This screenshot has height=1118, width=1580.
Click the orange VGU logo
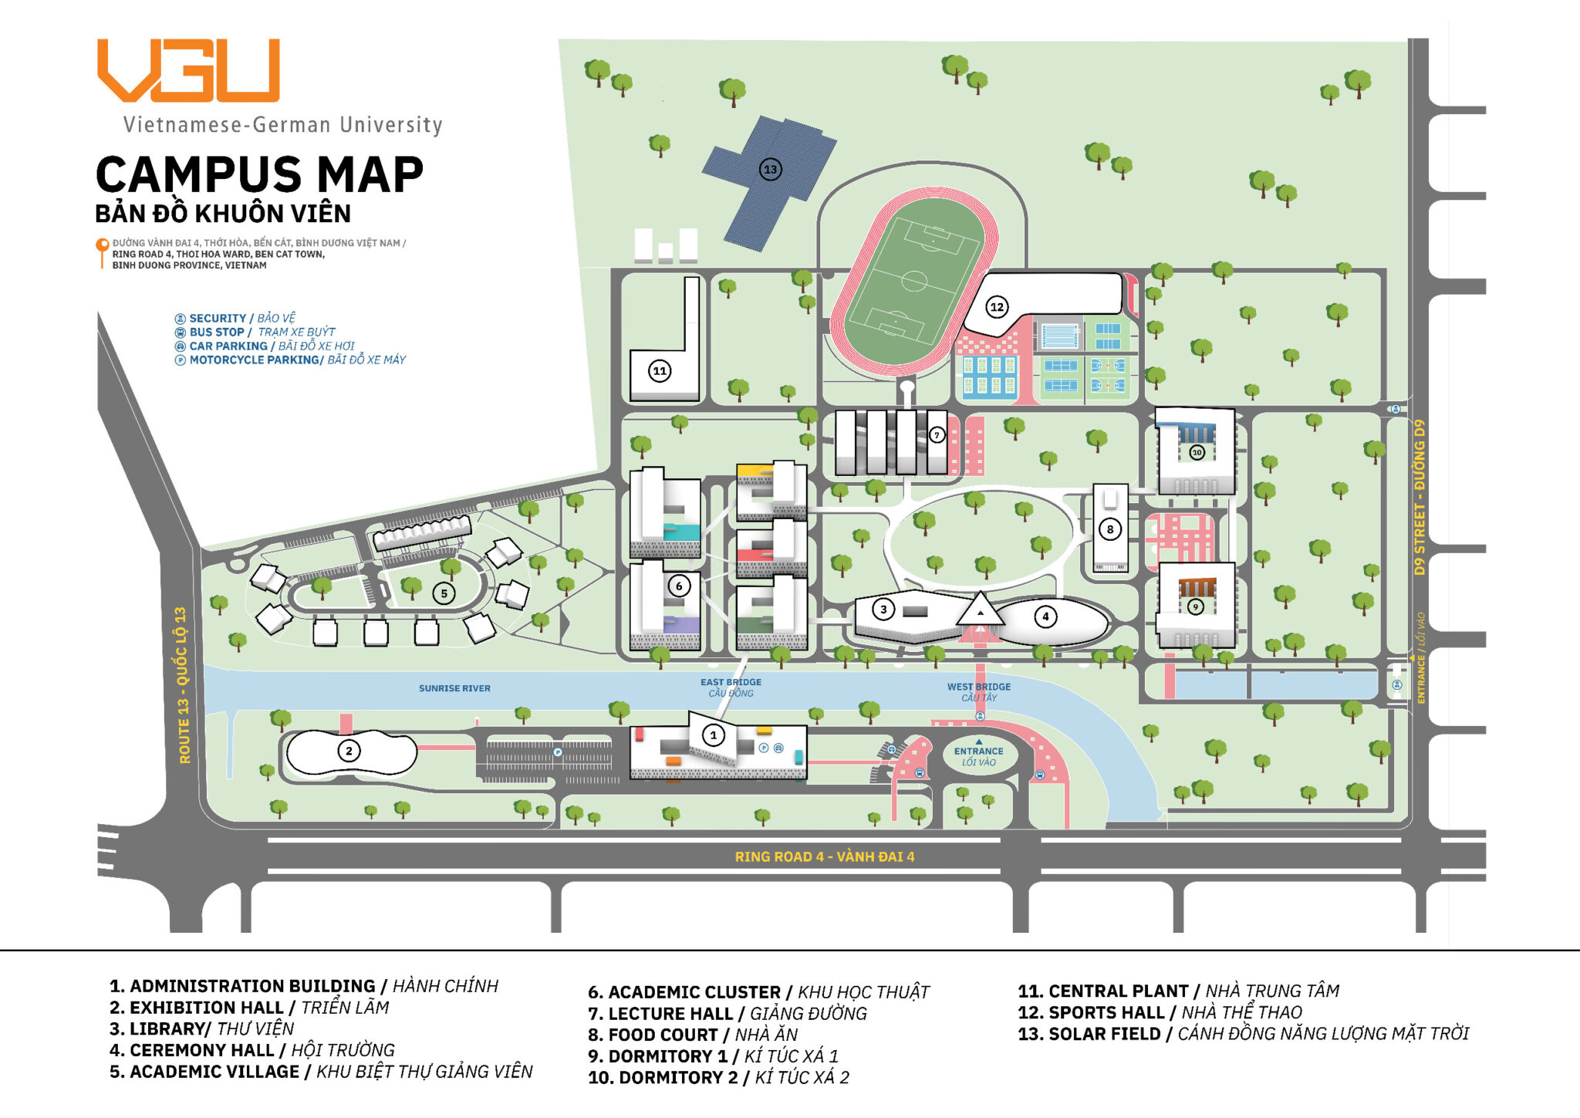click(187, 70)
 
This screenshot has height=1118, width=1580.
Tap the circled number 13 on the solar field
click(770, 170)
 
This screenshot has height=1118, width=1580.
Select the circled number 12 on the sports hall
click(997, 307)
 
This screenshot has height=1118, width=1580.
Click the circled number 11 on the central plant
click(660, 371)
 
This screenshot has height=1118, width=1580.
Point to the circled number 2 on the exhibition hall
click(349, 751)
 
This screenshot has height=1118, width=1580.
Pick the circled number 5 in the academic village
click(444, 593)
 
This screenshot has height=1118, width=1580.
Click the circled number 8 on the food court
click(1110, 529)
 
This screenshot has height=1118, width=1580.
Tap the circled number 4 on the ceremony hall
click(1045, 616)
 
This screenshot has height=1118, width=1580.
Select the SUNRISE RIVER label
click(454, 688)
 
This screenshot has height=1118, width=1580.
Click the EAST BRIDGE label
click(731, 682)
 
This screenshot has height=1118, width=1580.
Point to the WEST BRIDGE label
click(978, 687)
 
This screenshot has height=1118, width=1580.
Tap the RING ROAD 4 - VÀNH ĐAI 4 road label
click(824, 856)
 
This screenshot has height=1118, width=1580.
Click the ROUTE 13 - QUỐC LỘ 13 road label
click(183, 685)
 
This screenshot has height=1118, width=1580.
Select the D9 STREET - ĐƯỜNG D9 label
click(1420, 498)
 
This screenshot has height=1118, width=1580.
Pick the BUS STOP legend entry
click(217, 333)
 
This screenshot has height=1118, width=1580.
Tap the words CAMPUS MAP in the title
click(259, 174)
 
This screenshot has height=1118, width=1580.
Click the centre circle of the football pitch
click(913, 281)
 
